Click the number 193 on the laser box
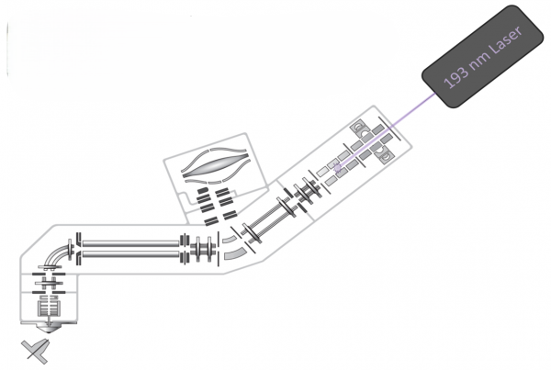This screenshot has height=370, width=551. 456,76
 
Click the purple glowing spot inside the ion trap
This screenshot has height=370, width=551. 338,168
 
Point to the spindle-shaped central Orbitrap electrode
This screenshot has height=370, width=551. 215,164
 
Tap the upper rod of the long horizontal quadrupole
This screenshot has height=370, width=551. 130,243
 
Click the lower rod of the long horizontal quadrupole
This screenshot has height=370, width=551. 130,253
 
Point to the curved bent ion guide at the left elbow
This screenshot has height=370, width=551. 55,253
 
